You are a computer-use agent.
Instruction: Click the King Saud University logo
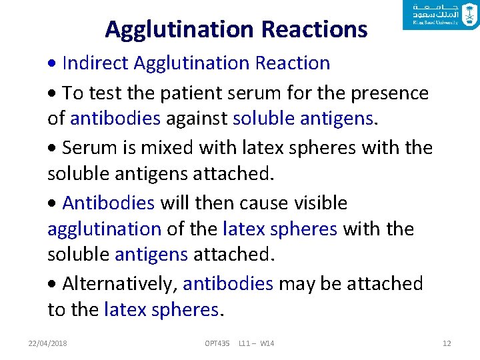pyautogui.click(x=441, y=15)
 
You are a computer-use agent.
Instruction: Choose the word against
pyautogui.click(x=197, y=119)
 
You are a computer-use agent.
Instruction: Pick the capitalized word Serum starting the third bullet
pyautogui.click(x=91, y=147)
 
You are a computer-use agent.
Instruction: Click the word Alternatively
pyautogui.click(x=119, y=283)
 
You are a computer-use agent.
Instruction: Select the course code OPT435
pyautogui.click(x=217, y=343)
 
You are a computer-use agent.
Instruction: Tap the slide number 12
pyautogui.click(x=447, y=343)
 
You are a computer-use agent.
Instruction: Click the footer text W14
pyautogui.click(x=267, y=343)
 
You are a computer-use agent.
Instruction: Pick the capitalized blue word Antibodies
pyautogui.click(x=108, y=203)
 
